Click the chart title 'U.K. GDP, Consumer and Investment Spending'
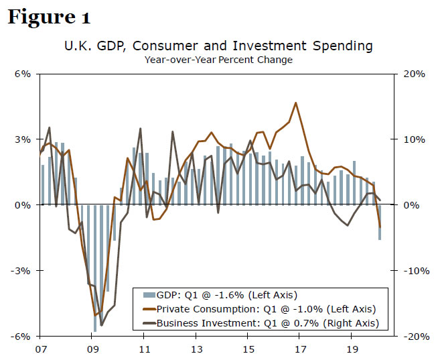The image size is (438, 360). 218,46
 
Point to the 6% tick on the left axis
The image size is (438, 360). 23,74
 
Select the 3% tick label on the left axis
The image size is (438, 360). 23,139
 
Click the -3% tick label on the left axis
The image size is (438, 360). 21,271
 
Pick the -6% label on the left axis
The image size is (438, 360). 21,337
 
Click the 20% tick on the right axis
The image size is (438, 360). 414,74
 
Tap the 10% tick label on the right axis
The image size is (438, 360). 414,139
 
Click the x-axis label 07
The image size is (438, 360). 40,349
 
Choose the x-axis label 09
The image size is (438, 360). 92,349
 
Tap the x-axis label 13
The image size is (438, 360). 197,349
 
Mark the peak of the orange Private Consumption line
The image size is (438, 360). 295,103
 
